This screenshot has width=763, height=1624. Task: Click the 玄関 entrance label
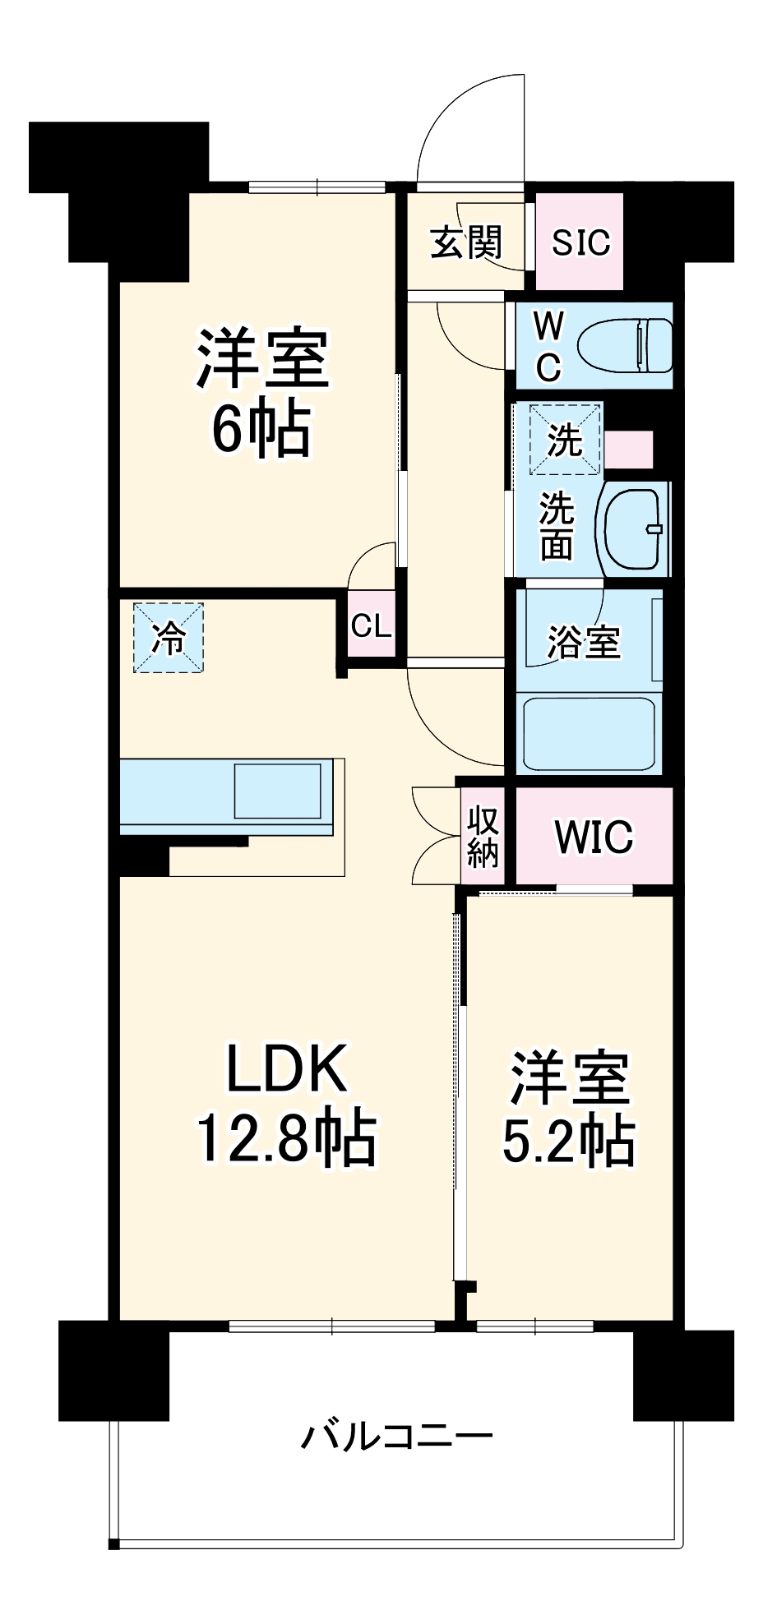click(x=465, y=242)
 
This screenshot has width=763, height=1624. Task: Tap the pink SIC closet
click(x=580, y=242)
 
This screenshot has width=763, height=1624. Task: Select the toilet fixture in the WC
click(x=625, y=344)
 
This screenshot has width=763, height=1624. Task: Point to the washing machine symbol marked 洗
click(x=565, y=440)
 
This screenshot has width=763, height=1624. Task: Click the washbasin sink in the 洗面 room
click(x=634, y=528)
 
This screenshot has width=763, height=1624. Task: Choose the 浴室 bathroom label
click(x=584, y=642)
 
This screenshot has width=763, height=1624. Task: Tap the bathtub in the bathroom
click(x=588, y=733)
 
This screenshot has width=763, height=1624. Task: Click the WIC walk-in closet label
click(x=594, y=837)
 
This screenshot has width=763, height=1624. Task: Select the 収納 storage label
click(x=483, y=837)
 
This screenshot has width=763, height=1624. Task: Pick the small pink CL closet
click(x=371, y=626)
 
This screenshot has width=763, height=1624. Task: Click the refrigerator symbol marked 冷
click(x=169, y=638)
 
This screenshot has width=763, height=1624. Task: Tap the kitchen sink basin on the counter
click(x=277, y=791)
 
